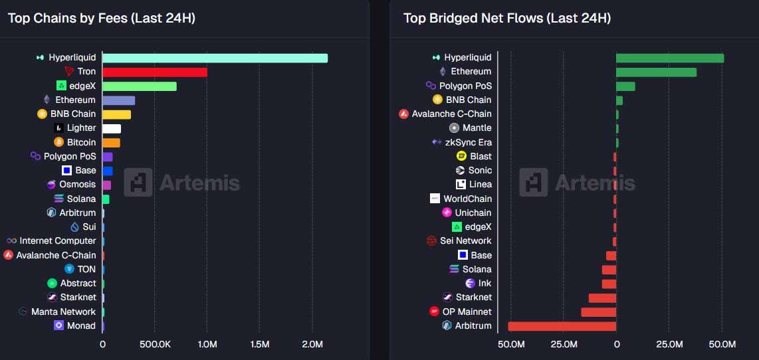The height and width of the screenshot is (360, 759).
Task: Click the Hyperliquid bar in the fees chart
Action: pos(215,58)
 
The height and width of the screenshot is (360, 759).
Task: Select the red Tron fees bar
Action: pos(154,72)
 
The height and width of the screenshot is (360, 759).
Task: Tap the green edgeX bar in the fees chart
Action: pos(139,86)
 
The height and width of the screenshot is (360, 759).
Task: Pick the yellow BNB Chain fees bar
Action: pos(116,114)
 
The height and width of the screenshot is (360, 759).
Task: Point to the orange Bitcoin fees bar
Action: pos(111,143)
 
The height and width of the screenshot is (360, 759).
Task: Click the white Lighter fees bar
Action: pos(112,128)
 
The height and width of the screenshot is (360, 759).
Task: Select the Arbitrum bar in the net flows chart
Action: pos(562,326)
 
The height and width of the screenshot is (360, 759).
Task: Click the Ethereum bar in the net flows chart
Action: pos(656,72)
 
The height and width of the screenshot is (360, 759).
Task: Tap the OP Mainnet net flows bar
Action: pos(598,312)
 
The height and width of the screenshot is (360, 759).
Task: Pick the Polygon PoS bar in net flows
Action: pos(625,86)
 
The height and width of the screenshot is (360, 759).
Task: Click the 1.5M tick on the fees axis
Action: pos(259,345)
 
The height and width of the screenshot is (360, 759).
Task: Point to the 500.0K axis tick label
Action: pos(154,345)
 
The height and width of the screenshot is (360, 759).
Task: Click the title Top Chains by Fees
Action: pos(101,18)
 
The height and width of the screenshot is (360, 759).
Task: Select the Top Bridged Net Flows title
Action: pos(506,18)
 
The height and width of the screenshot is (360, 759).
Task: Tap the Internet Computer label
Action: pos(57,241)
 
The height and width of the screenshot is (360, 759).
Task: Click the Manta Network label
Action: pos(63,312)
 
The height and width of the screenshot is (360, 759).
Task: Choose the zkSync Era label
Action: pos(469,142)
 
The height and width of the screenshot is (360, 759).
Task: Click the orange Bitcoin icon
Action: pos(60,142)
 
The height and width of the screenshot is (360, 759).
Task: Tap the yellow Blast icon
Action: pos(461,156)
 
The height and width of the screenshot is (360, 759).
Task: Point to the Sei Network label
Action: pos(465,241)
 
